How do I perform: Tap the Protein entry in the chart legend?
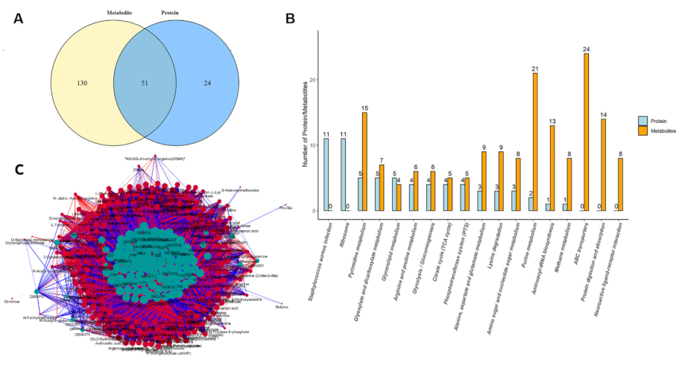(653, 120)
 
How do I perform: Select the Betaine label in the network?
(280, 306)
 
